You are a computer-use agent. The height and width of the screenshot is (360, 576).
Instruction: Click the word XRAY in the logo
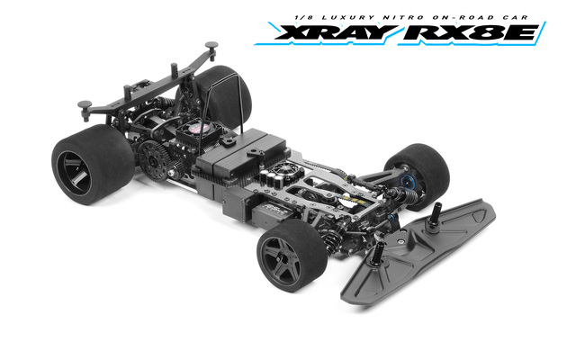pos(336,32)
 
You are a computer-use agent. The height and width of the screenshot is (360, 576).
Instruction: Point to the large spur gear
pos(154,161)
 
